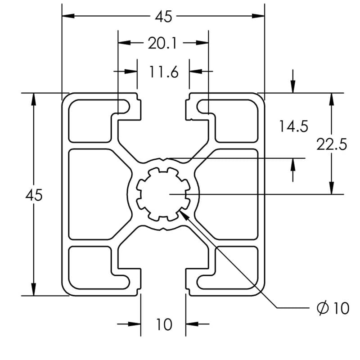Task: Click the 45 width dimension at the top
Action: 163,17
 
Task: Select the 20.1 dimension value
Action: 162,44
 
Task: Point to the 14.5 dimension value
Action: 293,126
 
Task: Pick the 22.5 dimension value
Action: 332,144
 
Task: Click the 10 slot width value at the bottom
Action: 164,324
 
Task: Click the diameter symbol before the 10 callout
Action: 322,308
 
